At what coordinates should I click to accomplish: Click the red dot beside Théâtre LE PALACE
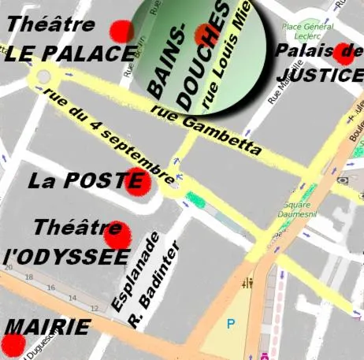pyautogui.click(x=122, y=32)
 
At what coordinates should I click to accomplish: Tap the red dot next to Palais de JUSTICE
pyautogui.click(x=344, y=54)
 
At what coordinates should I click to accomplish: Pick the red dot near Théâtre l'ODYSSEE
pyautogui.click(x=117, y=234)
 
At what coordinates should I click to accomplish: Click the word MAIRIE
pyautogui.click(x=47, y=327)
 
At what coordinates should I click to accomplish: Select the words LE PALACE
pyautogui.click(x=69, y=54)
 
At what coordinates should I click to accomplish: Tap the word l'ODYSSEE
pyautogui.click(x=66, y=258)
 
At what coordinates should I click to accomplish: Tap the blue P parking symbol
pyautogui.click(x=231, y=323)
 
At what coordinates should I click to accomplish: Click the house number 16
pyautogui.click(x=51, y=289)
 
